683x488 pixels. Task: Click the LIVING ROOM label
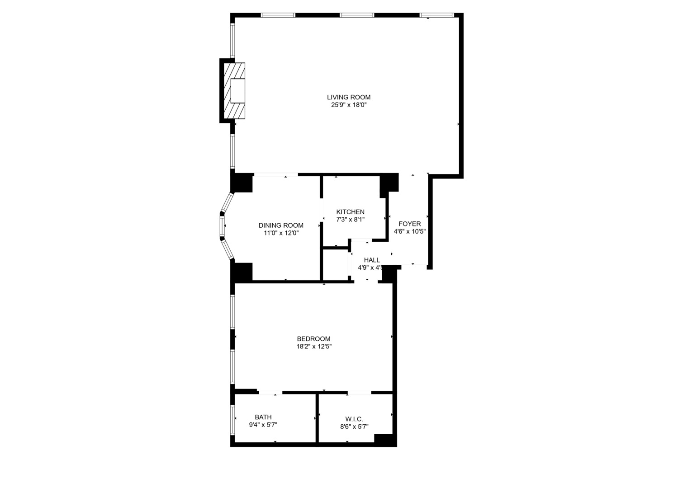pos(349,97)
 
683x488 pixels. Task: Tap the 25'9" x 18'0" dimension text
pos(349,105)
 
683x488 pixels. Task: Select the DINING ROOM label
pos(281,225)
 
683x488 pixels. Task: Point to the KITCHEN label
pos(350,212)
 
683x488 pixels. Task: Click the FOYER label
pos(409,224)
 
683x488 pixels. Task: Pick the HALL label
pos(372,260)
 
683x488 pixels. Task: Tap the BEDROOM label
pos(313,339)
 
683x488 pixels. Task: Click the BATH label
pos(263,417)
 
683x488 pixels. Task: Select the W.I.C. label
pos(354,419)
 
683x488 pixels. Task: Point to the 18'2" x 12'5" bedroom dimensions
pos(313,347)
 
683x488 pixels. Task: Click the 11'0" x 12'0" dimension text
pos(281,233)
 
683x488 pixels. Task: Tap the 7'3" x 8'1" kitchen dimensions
pos(350,220)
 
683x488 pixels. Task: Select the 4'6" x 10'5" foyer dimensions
pos(409,231)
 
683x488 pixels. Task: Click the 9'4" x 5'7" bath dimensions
pos(263,425)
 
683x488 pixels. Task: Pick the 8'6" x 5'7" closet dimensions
pos(354,427)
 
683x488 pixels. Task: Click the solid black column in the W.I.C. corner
pos(384,440)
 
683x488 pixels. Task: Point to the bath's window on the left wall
pos(232,419)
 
